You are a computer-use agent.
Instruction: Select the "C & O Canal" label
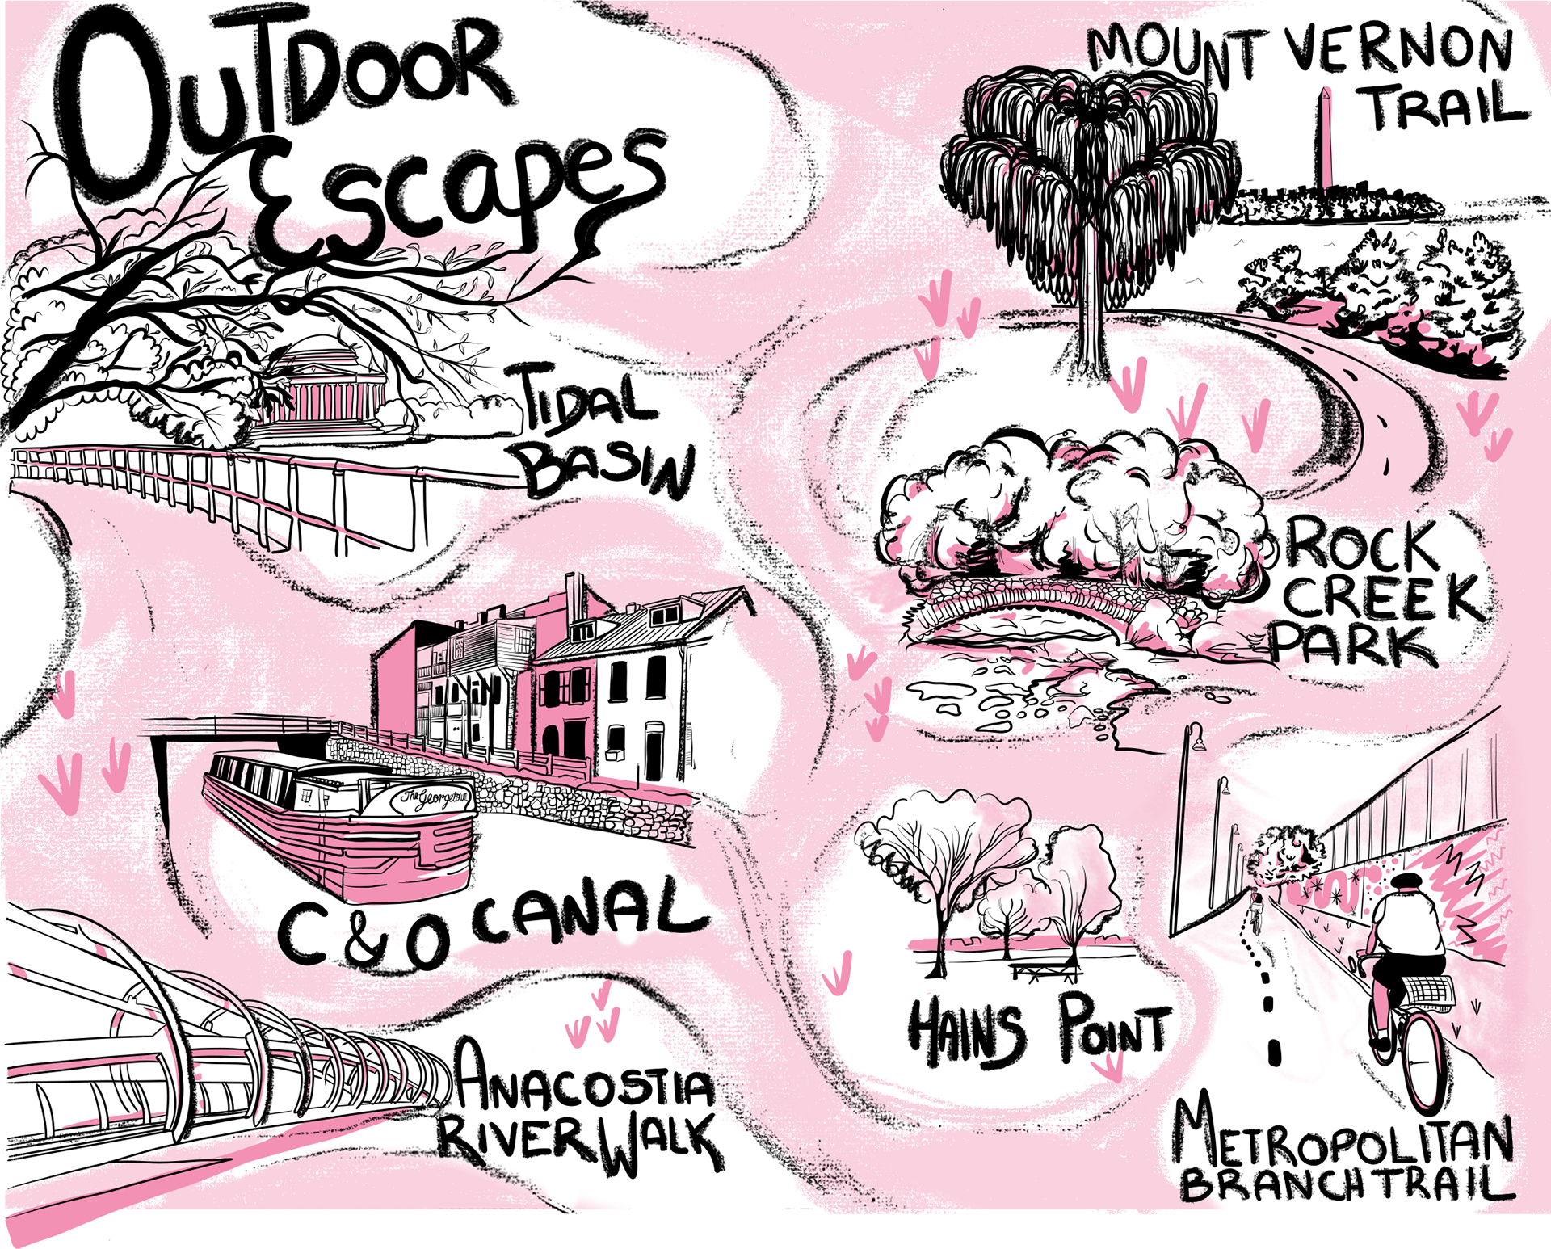[493, 925]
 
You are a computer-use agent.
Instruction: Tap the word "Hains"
[965, 1034]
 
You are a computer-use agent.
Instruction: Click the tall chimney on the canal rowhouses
[575, 602]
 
